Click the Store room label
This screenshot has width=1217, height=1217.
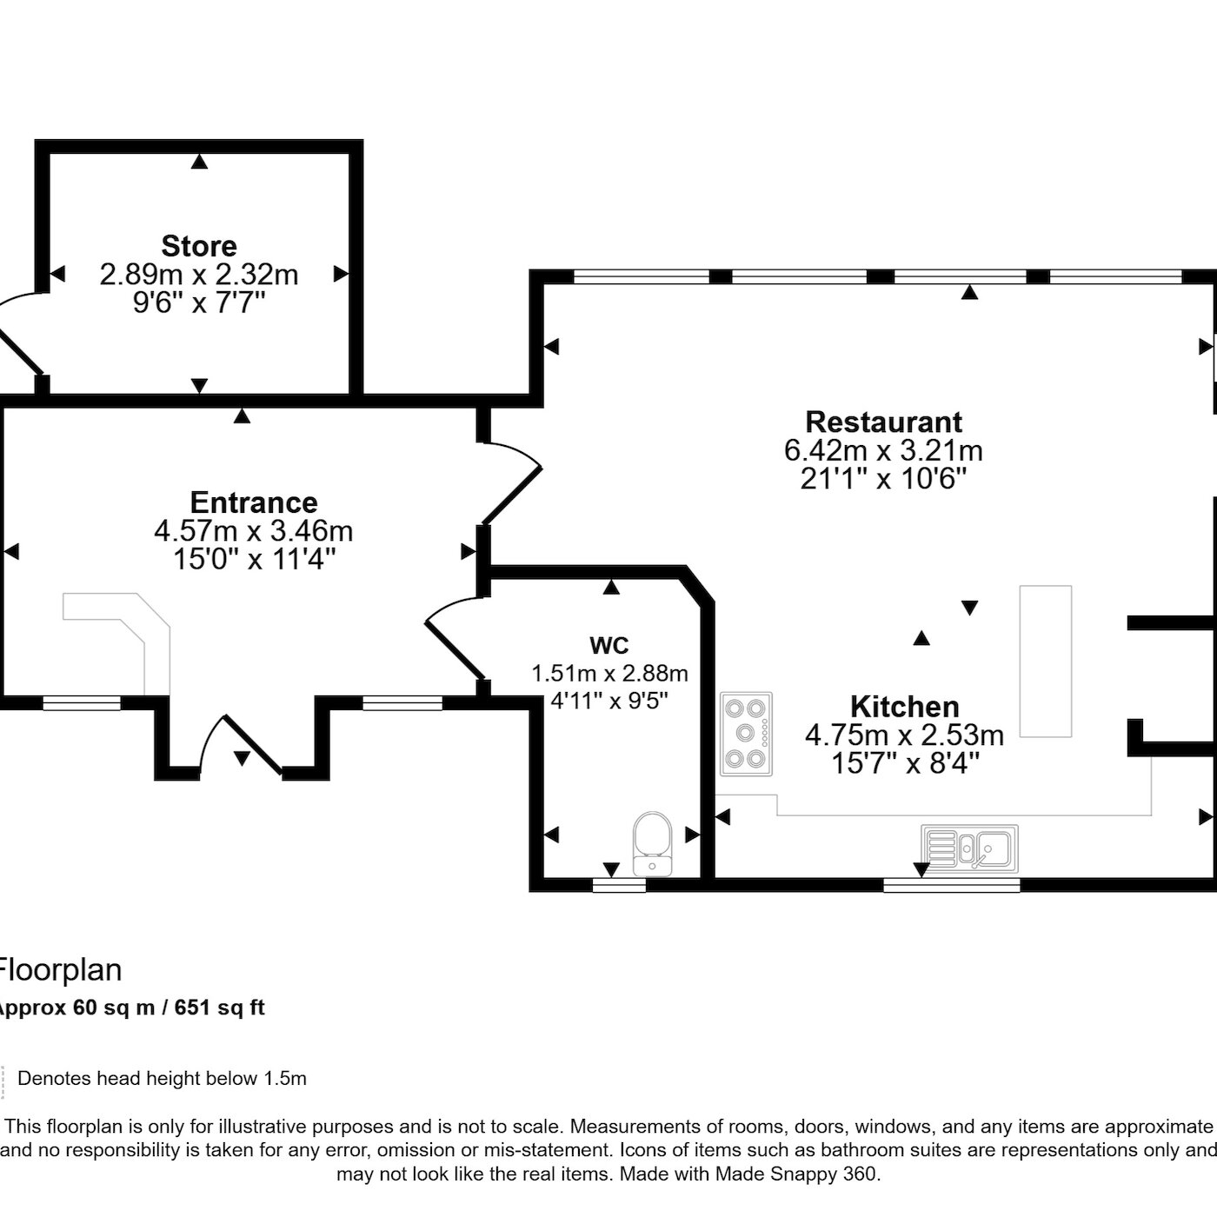[x=199, y=246]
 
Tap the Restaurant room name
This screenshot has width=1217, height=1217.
[x=883, y=422]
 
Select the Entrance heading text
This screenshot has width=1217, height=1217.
[x=254, y=502]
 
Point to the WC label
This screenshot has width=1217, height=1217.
[x=609, y=646]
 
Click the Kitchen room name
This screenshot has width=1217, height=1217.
[x=904, y=706]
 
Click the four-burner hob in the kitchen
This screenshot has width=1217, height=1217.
[x=746, y=734]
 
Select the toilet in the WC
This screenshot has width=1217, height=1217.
[x=652, y=844]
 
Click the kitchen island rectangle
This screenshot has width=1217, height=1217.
[x=1046, y=661]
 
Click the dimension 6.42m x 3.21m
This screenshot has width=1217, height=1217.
[x=883, y=451]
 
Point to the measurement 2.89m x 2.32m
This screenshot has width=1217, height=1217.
[x=199, y=275]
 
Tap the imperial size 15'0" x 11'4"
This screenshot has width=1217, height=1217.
[x=254, y=560]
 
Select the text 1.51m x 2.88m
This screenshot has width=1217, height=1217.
[x=609, y=673]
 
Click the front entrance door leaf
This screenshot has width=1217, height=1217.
[x=253, y=744]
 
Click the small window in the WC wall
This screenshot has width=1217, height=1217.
[x=619, y=886]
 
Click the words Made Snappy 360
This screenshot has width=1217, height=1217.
[x=795, y=1174]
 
